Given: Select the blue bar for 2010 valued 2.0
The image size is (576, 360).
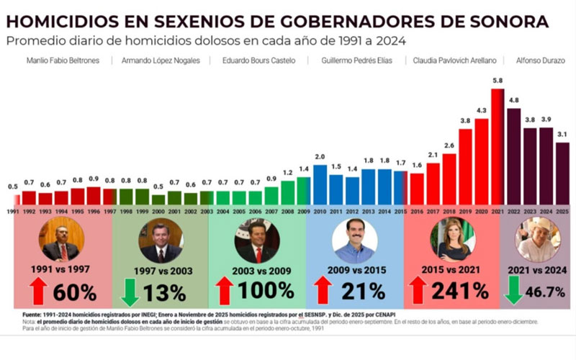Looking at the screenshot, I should click(x=320, y=184).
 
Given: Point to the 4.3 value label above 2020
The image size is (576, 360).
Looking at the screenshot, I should click(x=481, y=110).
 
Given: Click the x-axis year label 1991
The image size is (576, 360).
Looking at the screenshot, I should click(x=13, y=211).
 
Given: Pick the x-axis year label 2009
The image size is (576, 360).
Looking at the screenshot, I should click(x=304, y=211).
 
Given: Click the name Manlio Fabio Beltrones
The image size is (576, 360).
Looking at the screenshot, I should click(x=63, y=60).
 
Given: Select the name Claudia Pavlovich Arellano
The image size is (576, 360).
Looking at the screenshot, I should click(x=455, y=60).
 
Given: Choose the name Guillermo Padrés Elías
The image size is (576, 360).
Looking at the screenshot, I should click(x=357, y=60).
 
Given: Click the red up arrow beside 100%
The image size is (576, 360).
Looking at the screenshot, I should click(x=225, y=291).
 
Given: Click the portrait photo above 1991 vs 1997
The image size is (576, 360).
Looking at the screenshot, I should click(x=60, y=239).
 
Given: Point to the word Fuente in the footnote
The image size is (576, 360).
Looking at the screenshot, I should click(x=33, y=315).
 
